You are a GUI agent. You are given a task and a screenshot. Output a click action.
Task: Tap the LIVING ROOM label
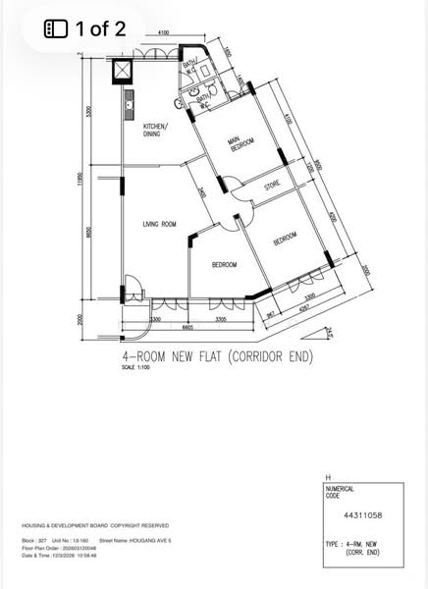point(158,225)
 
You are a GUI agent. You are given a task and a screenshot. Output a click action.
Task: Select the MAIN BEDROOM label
point(241,144)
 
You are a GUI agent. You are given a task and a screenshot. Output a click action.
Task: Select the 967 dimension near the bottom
point(271,311)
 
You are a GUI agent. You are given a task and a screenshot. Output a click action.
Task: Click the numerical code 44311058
point(362,512)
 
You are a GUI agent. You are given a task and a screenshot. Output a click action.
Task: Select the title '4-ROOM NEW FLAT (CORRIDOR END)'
point(216,357)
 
